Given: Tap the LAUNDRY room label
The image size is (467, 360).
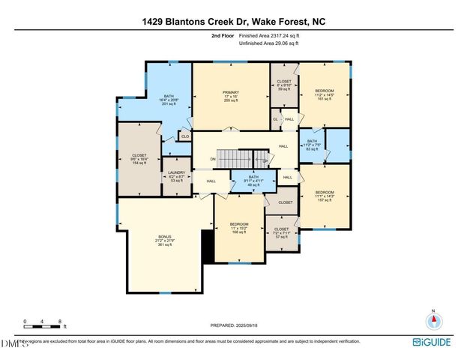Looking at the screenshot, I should [x=177, y=175].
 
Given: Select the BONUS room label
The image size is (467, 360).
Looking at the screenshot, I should [x=163, y=240].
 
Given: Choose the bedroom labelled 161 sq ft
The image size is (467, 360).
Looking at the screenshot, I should [x=325, y=93].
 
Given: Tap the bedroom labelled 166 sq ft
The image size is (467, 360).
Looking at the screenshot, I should [x=239, y=228].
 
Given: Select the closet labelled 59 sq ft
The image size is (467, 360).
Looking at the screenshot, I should [x=284, y=85].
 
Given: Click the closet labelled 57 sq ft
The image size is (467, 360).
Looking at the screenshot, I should [x=281, y=232].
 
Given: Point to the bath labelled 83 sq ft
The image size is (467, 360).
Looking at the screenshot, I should [x=313, y=144].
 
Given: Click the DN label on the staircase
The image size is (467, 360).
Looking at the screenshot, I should [x=213, y=159].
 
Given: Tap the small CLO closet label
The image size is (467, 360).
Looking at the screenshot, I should [x=184, y=136].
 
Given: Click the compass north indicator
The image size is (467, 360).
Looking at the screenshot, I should [x=433, y=320].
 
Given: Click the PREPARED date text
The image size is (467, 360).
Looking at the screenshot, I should [x=233, y=325].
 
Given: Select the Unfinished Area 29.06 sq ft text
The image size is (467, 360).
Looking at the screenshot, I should [x=268, y=43].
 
